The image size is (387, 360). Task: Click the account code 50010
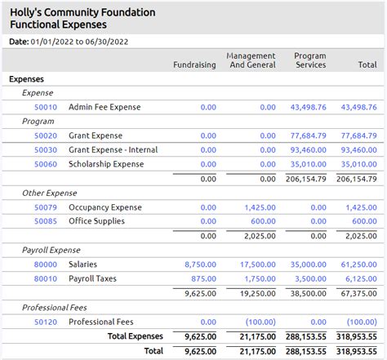(46, 107)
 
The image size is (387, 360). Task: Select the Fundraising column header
(194, 64)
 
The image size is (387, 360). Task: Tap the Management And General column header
(251, 60)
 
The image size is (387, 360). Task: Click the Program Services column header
(310, 60)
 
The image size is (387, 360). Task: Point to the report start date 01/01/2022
(52, 42)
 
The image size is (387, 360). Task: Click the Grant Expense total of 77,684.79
(359, 136)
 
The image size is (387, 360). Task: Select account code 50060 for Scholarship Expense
(46, 164)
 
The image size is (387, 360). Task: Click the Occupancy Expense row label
(105, 207)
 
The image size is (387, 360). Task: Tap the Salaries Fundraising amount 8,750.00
(201, 264)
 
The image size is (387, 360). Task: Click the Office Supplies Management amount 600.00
(263, 221)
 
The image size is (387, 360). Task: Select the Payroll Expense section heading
(51, 250)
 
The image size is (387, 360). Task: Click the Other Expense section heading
(50, 193)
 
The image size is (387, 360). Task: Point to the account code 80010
(46, 278)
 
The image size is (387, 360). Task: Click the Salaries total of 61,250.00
(359, 264)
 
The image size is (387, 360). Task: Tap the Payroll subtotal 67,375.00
(359, 294)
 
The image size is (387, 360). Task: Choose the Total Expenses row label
(136, 336)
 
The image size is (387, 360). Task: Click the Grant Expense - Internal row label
(113, 150)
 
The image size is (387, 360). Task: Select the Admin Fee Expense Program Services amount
(309, 107)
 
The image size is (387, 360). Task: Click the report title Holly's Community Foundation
(82, 12)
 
